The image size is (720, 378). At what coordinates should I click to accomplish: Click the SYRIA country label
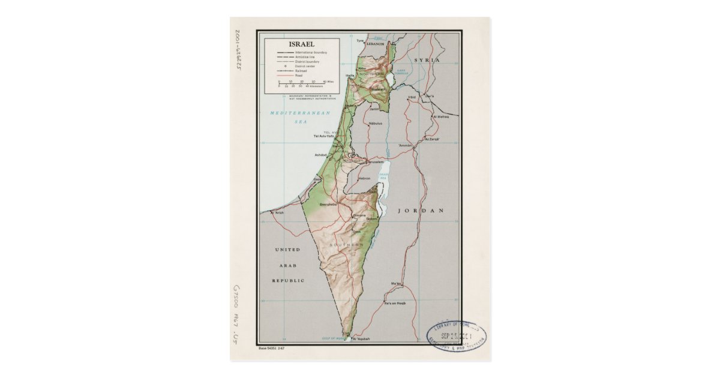click(x=427, y=61)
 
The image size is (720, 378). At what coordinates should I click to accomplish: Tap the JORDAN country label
click(x=421, y=211)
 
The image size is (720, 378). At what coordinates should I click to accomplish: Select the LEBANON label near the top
click(x=376, y=44)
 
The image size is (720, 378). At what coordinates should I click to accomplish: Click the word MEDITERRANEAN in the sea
click(x=292, y=113)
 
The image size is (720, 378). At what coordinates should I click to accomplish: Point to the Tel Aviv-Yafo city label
click(x=323, y=136)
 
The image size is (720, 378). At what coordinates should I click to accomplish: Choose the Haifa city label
click(x=350, y=75)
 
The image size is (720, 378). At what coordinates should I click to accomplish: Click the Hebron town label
click(x=364, y=178)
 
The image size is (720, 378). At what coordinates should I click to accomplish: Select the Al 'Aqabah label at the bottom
click(x=362, y=339)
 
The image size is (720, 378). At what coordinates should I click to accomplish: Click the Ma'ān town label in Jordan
click(x=395, y=283)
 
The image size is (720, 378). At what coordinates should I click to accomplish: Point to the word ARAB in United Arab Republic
click(x=287, y=265)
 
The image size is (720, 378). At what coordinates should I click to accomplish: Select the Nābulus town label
click(x=376, y=123)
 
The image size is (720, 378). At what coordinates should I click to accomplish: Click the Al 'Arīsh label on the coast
click(x=277, y=212)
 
